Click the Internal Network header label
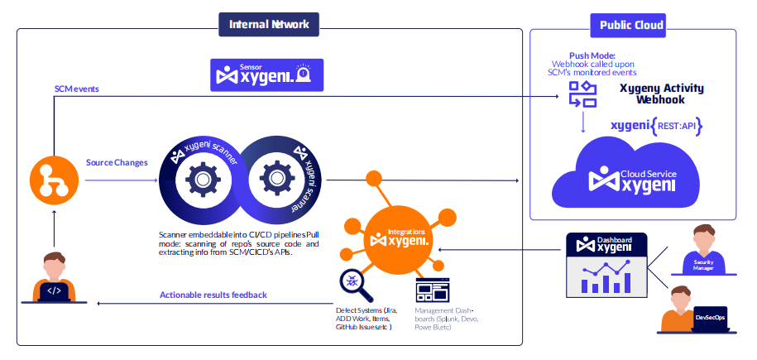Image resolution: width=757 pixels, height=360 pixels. (270, 24)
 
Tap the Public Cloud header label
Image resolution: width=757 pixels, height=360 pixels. (630, 25)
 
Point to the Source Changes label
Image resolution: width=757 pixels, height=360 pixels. (117, 162)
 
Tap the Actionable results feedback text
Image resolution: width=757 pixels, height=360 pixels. (213, 295)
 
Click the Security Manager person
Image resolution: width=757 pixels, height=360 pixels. (704, 248)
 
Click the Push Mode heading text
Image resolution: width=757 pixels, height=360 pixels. (592, 55)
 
